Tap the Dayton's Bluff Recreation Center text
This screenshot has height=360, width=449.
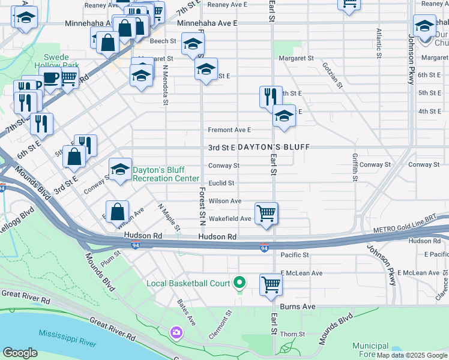(x=166, y=174)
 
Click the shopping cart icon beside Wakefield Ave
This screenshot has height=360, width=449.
(x=266, y=213)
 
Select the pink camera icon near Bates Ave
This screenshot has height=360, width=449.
(x=176, y=332)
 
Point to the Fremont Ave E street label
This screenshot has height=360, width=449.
(x=229, y=130)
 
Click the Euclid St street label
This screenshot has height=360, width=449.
(x=221, y=184)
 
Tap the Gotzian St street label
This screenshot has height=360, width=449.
(x=332, y=75)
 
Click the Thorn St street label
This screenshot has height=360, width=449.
(x=293, y=334)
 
